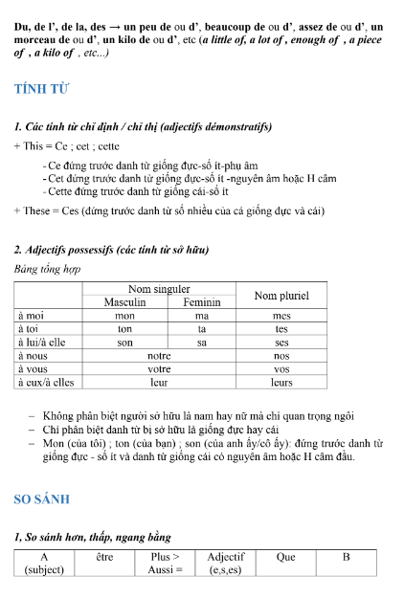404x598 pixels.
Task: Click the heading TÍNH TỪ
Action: pos(42,89)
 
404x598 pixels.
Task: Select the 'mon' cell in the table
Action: pos(124,315)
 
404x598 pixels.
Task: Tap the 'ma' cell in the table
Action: pos(201,315)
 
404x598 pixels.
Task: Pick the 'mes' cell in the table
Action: pos(281,315)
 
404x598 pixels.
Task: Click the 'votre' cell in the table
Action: pos(159,368)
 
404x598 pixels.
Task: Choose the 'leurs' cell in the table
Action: pos(281,382)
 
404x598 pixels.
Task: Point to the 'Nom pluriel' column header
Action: pos(281,296)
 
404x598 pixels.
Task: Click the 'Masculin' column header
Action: pos(124,301)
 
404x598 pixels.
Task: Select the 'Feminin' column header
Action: pos(201,301)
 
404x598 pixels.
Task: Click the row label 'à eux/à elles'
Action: pos(46,382)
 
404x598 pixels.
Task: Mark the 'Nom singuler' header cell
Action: pos(159,288)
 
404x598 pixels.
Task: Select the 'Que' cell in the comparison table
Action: pos(285,557)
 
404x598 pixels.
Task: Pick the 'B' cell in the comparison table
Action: pos(346,557)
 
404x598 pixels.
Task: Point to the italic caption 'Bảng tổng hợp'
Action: pos(47,269)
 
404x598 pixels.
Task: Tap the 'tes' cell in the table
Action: pos(281,328)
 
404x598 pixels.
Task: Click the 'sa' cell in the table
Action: pos(201,342)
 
